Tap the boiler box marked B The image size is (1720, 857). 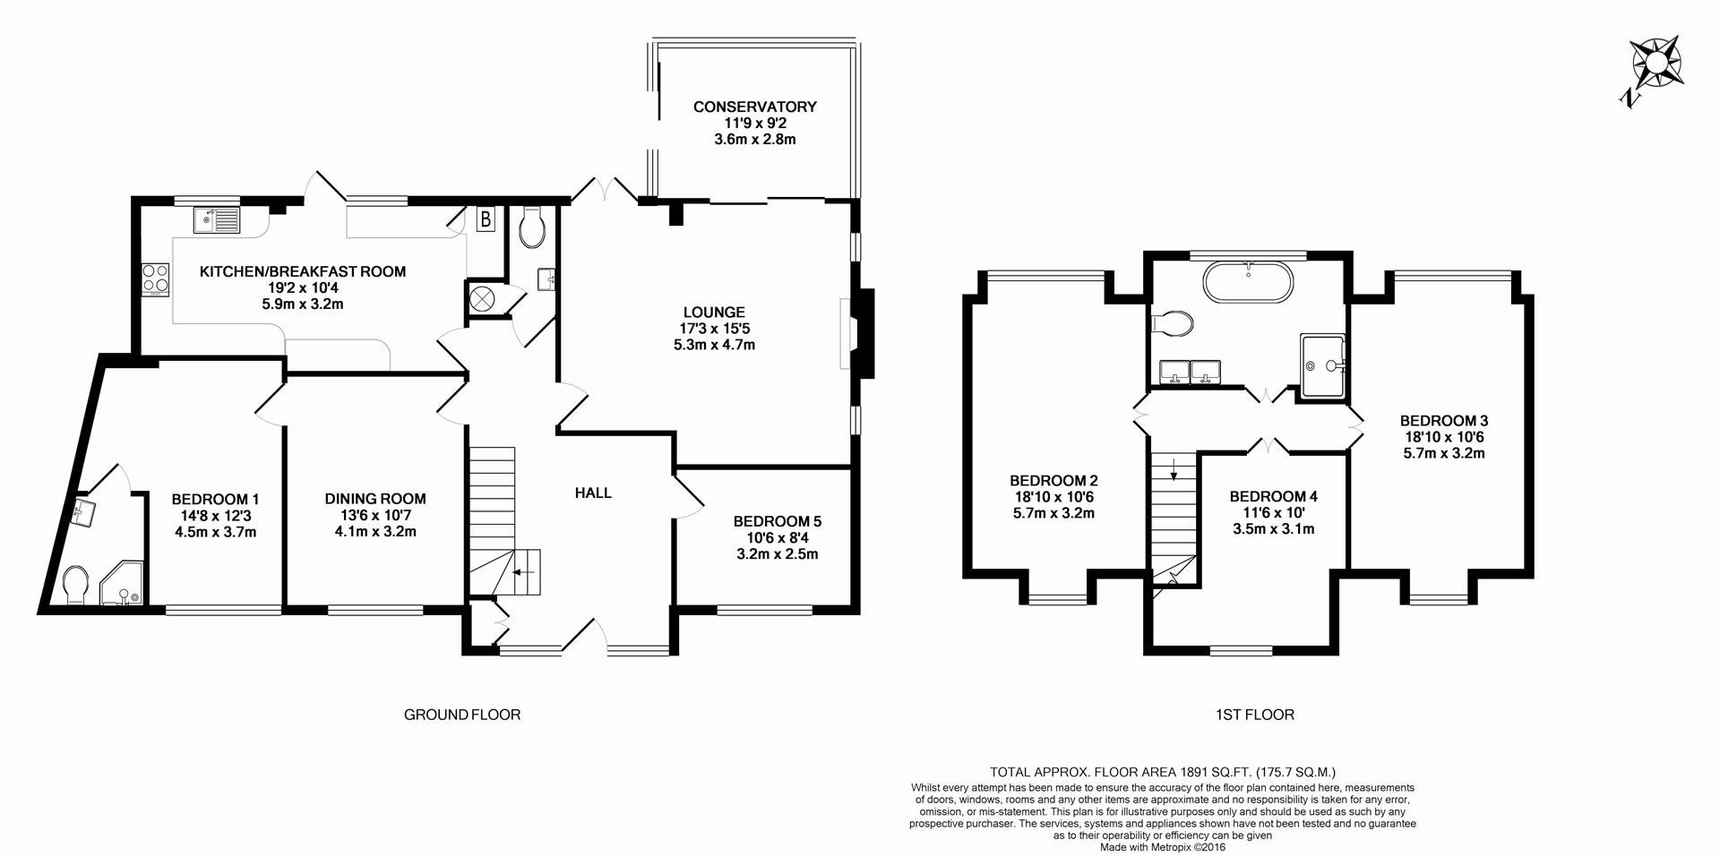[486, 219]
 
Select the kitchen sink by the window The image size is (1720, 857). [216, 219]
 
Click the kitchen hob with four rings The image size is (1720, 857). [156, 279]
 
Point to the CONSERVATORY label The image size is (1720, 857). [755, 107]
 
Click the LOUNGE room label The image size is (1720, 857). [714, 313]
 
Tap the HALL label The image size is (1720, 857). [593, 493]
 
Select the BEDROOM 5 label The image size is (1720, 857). [777, 521]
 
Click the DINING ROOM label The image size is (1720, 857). [375, 499]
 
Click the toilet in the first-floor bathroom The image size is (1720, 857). [1172, 322]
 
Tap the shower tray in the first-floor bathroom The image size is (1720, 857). [1323, 365]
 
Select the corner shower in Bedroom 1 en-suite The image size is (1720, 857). [124, 585]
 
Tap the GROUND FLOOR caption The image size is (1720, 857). [462, 715]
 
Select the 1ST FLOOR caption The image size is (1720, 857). [1254, 715]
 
